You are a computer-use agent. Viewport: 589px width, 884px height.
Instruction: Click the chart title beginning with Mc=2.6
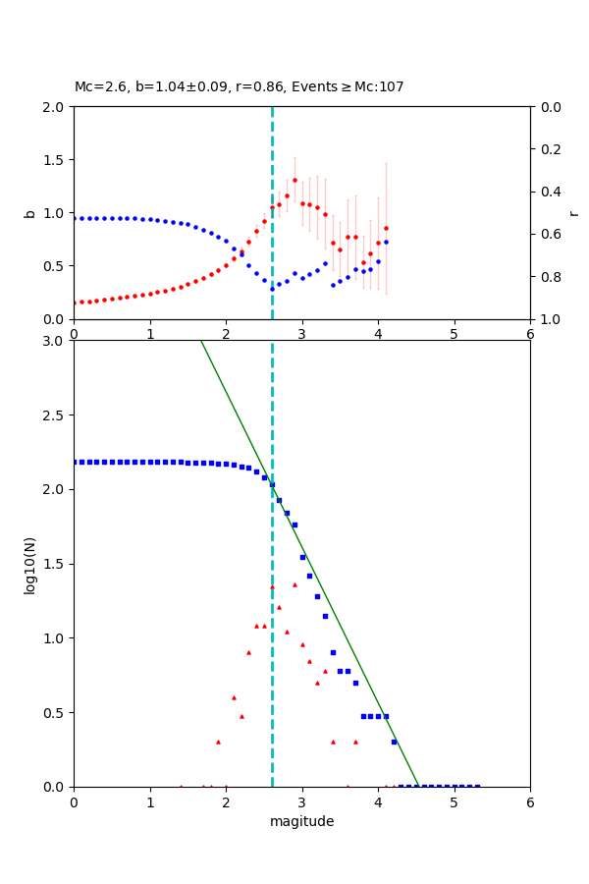click(239, 87)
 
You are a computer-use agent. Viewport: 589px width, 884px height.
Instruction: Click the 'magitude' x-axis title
click(301, 821)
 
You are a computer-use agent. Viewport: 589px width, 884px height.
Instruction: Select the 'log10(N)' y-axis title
click(29, 564)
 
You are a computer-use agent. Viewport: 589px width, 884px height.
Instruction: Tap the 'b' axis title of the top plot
click(29, 213)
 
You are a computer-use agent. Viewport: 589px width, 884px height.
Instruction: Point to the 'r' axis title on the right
click(573, 213)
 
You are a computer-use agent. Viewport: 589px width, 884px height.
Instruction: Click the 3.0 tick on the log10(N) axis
click(56, 341)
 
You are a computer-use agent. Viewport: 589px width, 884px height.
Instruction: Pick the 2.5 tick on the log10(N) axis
click(56, 415)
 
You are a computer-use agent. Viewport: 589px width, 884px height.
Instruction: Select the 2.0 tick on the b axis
click(56, 107)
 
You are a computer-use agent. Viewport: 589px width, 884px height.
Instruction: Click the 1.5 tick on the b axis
click(56, 160)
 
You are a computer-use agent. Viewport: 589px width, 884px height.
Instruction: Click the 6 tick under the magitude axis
click(530, 801)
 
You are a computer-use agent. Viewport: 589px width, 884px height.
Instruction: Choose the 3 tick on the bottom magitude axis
click(302, 801)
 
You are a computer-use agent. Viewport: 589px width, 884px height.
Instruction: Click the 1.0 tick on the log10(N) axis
click(56, 638)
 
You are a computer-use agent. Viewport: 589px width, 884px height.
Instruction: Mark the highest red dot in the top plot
click(294, 180)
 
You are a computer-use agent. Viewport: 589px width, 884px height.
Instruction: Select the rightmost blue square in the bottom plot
click(477, 787)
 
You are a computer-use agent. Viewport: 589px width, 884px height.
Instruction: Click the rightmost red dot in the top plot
click(386, 228)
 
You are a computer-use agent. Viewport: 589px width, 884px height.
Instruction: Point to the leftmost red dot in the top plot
click(74, 303)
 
